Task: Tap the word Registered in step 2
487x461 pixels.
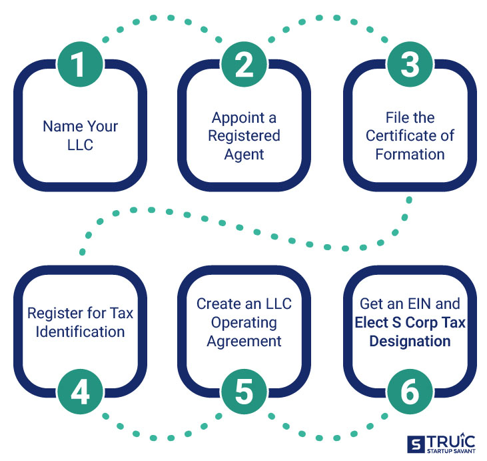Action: pyautogui.click(x=244, y=136)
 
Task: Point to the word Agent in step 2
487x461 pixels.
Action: pyautogui.click(x=244, y=154)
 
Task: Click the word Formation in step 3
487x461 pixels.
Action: pyautogui.click(x=410, y=154)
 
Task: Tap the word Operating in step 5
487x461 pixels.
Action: pyautogui.click(x=244, y=323)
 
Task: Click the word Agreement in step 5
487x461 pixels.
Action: pyautogui.click(x=244, y=341)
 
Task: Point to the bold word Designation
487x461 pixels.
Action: pyautogui.click(x=410, y=341)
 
